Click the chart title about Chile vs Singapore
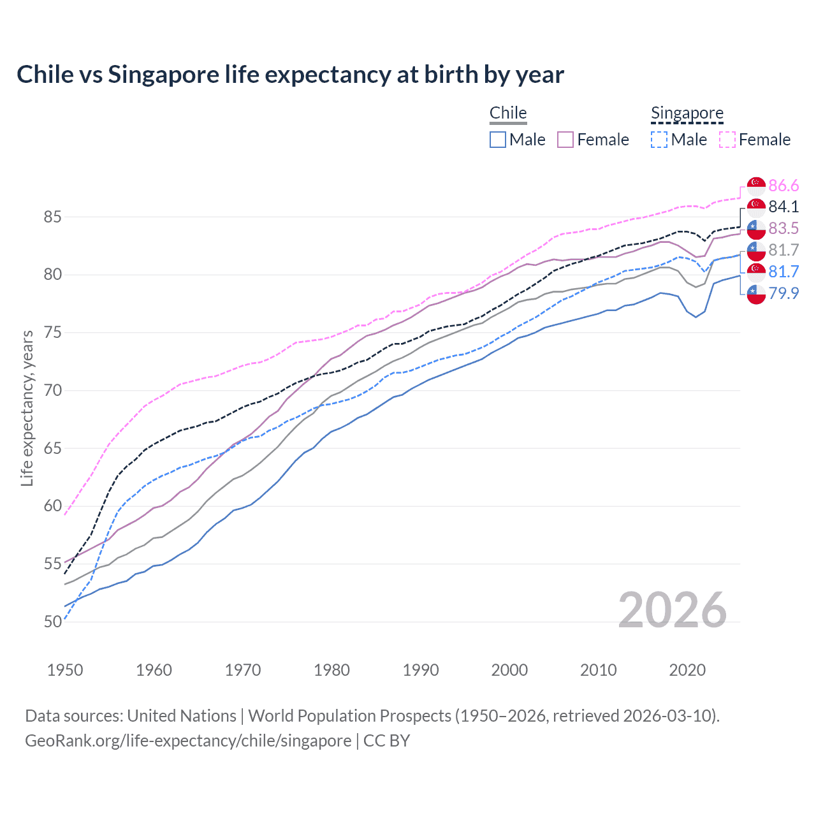coord(290,75)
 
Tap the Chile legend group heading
coord(508,113)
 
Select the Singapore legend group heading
coord(687,113)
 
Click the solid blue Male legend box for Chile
coord(498,140)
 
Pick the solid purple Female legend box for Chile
coord(565,140)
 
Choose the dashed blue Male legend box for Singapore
coord(659,140)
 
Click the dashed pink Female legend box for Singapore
coord(727,140)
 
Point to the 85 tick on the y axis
coord(52,217)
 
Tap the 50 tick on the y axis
coord(52,622)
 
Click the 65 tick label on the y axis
coord(52,448)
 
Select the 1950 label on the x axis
coord(65,670)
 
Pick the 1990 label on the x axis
coord(421,670)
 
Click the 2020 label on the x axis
coord(687,670)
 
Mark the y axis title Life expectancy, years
coord(27,408)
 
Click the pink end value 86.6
coord(783,186)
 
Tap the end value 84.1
coord(783,207)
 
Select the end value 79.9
coord(783,293)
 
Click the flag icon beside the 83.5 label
coord(756,228)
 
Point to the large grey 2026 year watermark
coord(672,610)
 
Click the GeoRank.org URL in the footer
coord(188,741)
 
